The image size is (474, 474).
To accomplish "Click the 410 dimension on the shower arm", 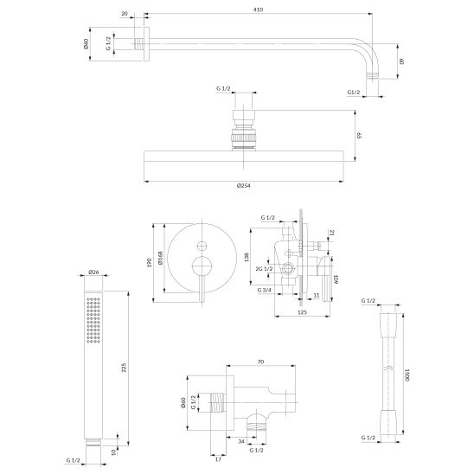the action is click(x=258, y=10).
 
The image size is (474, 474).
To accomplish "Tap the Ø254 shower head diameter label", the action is click(x=244, y=186).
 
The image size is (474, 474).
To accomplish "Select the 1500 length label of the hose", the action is click(x=407, y=375).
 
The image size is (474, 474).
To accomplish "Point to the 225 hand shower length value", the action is click(x=124, y=368).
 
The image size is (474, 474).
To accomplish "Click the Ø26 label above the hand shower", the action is click(x=93, y=272).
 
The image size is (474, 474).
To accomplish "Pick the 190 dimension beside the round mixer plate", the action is click(x=149, y=263).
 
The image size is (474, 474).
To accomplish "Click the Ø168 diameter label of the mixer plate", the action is click(x=160, y=258).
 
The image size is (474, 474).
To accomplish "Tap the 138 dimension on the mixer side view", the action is click(x=247, y=257).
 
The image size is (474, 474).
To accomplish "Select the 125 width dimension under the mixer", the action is click(x=302, y=312).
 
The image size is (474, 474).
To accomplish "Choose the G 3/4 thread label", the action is click(x=265, y=291).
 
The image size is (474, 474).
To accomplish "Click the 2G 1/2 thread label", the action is click(x=264, y=269).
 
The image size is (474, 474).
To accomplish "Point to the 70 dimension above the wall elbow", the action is click(x=261, y=362).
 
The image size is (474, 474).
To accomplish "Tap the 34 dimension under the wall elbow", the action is click(x=241, y=442).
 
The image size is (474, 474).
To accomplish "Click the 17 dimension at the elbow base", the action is click(x=218, y=459).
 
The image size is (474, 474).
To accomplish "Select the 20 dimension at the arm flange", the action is click(x=125, y=14).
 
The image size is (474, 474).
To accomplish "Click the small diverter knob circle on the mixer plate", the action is click(x=202, y=246).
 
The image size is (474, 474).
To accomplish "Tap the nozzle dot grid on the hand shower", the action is click(x=93, y=320).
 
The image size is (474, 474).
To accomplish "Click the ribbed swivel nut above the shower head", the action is click(x=244, y=138).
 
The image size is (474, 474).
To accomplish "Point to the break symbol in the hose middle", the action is click(x=391, y=368).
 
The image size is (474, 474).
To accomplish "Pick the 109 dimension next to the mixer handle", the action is click(x=336, y=279).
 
